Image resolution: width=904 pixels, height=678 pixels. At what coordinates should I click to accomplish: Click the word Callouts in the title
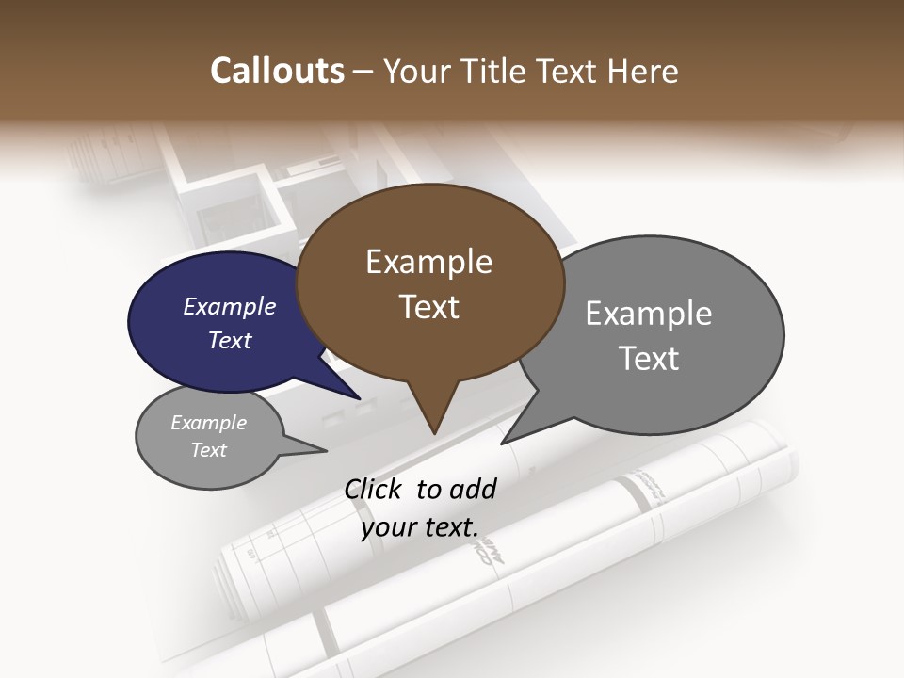point(277,71)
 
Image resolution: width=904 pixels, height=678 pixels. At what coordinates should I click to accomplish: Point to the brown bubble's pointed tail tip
point(434,433)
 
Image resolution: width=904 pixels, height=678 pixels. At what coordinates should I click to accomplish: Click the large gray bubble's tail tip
point(502,443)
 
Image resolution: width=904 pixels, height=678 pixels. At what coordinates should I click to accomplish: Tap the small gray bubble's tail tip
point(326,451)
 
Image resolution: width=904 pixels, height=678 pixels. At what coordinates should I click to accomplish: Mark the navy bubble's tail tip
point(361,399)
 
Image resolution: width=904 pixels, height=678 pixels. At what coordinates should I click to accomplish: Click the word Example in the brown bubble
point(428,262)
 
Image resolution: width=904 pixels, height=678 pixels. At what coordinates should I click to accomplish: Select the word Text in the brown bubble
point(429,307)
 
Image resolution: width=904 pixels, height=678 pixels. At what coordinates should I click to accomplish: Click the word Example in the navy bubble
point(229,306)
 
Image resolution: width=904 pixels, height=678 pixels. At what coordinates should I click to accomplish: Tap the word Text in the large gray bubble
point(649,358)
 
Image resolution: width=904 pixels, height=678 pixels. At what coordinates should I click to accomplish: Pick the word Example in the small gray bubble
point(208,423)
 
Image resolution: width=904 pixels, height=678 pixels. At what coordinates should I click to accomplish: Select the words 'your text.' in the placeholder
point(420,527)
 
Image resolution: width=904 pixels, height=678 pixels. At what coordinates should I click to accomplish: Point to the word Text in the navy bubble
point(229,340)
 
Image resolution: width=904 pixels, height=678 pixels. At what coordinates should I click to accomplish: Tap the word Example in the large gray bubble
point(649,313)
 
